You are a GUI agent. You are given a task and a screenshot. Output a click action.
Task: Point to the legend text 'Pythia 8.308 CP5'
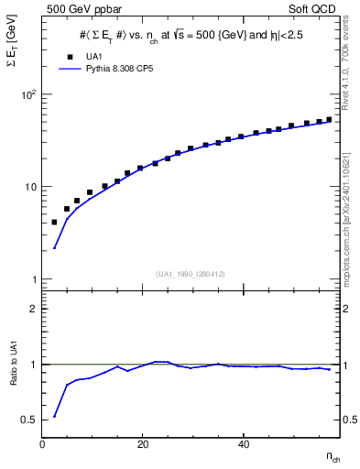click(x=118, y=69)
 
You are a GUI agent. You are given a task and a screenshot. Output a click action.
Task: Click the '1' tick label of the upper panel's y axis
click(x=33, y=279)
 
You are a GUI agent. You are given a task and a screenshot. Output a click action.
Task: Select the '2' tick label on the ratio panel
click(x=33, y=309)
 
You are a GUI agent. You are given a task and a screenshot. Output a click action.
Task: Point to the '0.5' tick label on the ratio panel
click(x=28, y=420)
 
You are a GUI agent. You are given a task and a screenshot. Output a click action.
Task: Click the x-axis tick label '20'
click(x=141, y=444)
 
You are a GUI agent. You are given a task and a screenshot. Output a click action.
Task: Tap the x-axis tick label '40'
click(x=243, y=444)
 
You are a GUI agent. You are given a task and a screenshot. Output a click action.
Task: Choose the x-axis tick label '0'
click(x=42, y=444)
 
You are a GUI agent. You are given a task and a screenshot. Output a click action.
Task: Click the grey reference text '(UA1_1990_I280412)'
click(x=190, y=274)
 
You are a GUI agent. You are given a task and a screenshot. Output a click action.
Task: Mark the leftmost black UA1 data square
click(x=54, y=222)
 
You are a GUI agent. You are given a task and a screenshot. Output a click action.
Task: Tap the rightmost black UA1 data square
click(x=330, y=119)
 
